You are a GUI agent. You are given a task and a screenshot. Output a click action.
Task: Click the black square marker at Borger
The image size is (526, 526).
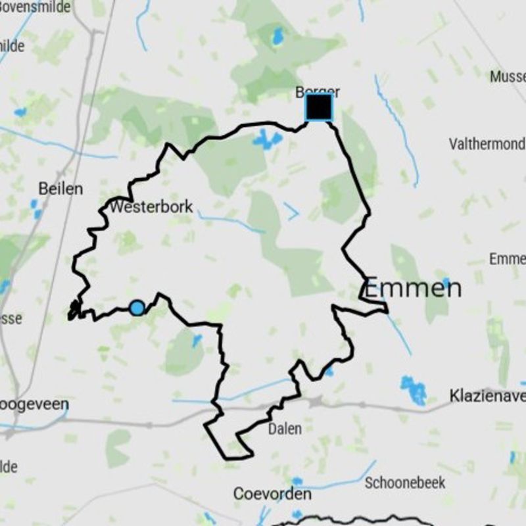[319, 107]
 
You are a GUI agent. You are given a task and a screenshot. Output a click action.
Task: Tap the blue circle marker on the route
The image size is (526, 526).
[137, 308]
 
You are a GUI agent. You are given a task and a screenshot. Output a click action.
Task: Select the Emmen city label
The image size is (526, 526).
[413, 288]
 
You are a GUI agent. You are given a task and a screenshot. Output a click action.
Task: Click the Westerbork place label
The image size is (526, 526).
[151, 207]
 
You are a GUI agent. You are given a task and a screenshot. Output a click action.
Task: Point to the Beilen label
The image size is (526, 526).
[60, 189]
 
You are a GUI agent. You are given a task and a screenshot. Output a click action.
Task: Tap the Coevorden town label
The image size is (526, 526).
[272, 494]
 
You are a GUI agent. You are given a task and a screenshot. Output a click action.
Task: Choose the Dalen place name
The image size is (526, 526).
[285, 429]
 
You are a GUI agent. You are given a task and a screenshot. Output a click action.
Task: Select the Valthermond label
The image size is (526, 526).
[487, 144]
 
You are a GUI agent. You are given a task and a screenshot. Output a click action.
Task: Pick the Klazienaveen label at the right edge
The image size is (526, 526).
[487, 396]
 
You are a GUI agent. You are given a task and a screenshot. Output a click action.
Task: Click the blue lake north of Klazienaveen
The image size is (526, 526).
[414, 390]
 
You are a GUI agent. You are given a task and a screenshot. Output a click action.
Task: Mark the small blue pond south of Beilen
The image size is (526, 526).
[35, 208]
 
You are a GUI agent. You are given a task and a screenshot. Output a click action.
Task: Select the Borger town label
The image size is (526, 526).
[318, 92]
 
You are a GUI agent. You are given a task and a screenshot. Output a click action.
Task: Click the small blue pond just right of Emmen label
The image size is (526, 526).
[446, 283]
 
